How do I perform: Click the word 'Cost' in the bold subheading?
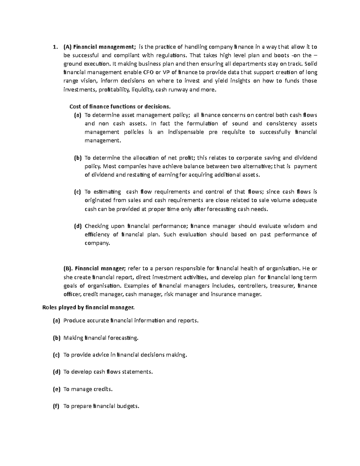[x=74, y=107]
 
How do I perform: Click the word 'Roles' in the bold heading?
[x=49, y=307]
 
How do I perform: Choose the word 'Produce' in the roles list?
[x=74, y=320]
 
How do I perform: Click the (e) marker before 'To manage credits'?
[x=56, y=389]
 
